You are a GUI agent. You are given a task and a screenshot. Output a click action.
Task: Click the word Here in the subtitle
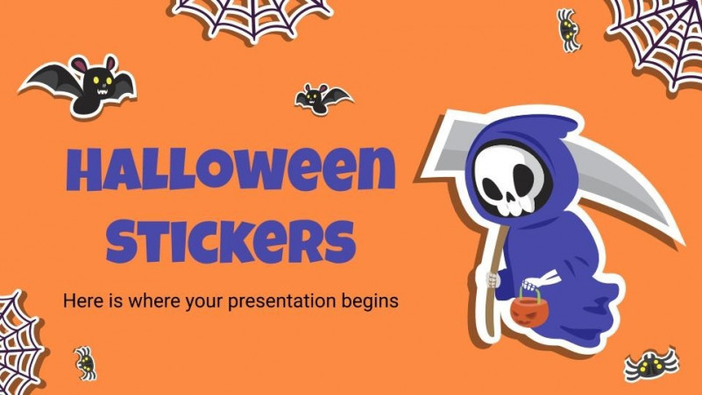[80, 301]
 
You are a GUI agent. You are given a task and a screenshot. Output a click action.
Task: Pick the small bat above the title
[322, 98]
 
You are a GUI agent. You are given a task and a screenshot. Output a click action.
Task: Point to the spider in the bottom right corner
[652, 363]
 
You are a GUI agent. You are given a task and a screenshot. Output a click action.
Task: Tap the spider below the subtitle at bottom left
[85, 361]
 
